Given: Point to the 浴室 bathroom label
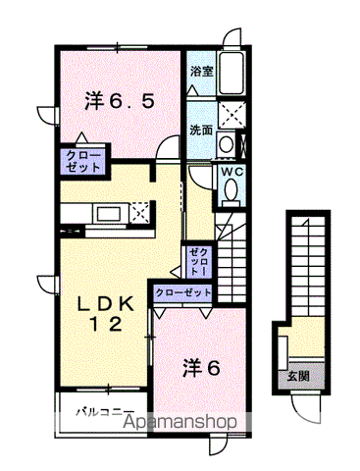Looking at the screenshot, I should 201,72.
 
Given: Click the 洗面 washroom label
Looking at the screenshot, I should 201,129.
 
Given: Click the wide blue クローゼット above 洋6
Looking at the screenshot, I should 183,293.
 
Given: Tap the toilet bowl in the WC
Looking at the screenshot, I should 231,193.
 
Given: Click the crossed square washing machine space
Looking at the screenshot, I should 232,116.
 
